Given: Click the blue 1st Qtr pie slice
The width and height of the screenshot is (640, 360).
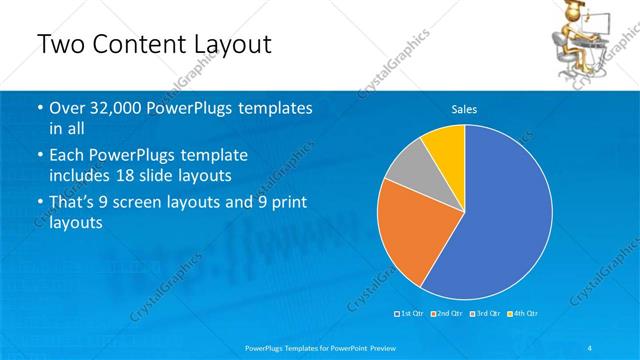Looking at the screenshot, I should tap(500, 220).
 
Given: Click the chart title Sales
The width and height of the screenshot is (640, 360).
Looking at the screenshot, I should tap(464, 108).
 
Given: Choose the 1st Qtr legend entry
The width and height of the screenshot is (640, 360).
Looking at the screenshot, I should tap(410, 314).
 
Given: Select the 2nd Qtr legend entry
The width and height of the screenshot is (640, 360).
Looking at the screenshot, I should tap(447, 314).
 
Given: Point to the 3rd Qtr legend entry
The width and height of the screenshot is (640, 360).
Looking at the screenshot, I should tap(484, 314).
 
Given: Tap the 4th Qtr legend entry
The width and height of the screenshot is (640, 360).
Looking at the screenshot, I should tap(521, 314).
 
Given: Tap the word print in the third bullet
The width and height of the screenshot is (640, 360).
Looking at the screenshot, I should tap(287, 203).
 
